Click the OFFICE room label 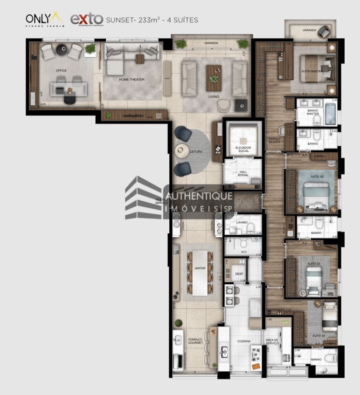pyautogui.click(x=61, y=71)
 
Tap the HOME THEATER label pyautogui.click(x=132, y=80)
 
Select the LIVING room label pyautogui.click(x=214, y=96)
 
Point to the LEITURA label pyautogui.click(x=195, y=151)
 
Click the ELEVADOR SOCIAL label pyautogui.click(x=243, y=150)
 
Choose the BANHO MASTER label pyautogui.click(x=313, y=112)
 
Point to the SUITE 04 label pyautogui.click(x=318, y=335)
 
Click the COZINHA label pyautogui.click(x=243, y=341)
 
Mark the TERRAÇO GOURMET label pyautogui.click(x=195, y=341)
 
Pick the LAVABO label pyautogui.click(x=242, y=222)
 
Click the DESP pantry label pyautogui.click(x=239, y=274)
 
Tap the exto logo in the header pyautogui.click(x=86, y=19)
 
